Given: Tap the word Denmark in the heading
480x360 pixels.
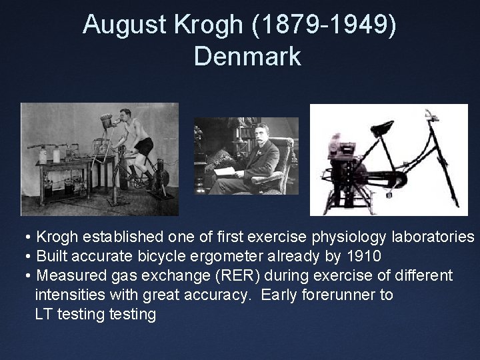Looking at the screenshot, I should tap(247, 56).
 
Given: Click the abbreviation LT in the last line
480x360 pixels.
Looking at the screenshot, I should tap(44, 314).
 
